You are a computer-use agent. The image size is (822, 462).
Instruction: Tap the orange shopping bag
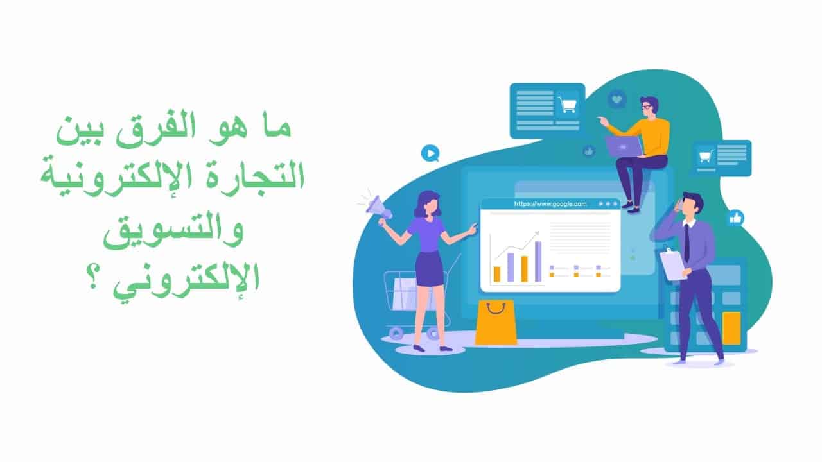496,323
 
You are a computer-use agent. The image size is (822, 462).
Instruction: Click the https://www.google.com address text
550,204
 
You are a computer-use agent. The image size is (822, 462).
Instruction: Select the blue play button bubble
430,153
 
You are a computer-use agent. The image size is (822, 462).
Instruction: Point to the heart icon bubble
617,99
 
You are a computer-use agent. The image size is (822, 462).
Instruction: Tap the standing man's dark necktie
686,243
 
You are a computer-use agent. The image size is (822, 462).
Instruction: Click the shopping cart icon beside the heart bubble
567,105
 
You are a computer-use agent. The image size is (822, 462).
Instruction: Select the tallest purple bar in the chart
538,261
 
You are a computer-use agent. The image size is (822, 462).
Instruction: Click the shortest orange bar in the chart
497,274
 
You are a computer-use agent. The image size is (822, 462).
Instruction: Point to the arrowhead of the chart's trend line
538,233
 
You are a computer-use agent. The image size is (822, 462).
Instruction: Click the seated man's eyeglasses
646,107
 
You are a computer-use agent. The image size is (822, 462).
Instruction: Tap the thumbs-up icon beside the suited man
735,218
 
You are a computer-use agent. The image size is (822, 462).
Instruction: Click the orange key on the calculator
731,328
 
